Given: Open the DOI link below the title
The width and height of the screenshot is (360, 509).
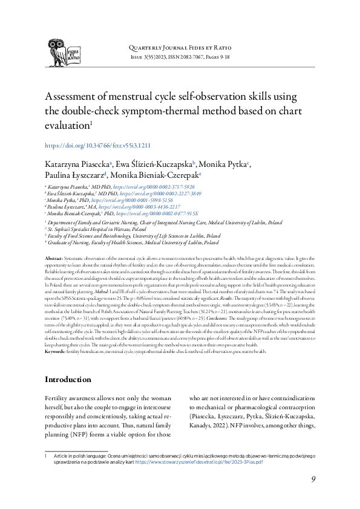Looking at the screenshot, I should (x=98, y=146).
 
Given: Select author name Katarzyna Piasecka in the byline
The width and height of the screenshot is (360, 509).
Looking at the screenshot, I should (x=77, y=164).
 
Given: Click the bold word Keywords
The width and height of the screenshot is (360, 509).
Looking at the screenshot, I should (x=56, y=334).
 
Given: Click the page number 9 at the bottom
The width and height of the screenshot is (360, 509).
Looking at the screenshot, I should (x=313, y=479).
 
